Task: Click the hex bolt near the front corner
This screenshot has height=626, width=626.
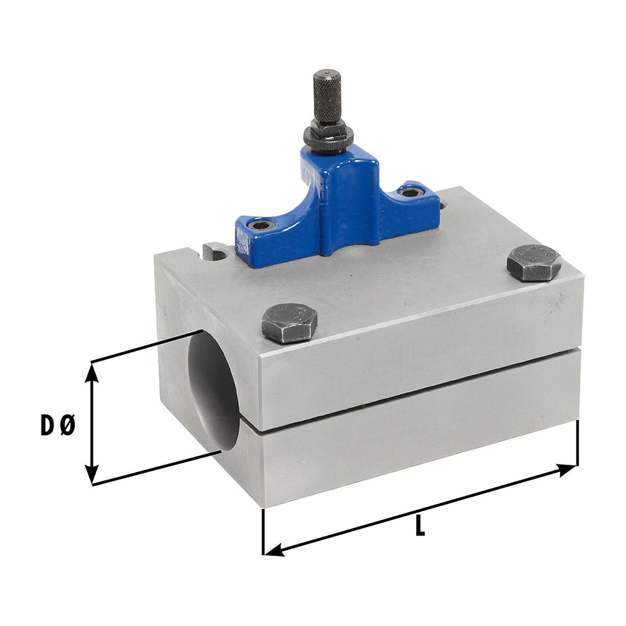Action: (x=289, y=323)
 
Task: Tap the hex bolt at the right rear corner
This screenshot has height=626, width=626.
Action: (x=534, y=262)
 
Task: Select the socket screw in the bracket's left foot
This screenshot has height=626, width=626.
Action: (x=261, y=223)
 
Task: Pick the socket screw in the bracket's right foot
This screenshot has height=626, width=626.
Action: (x=410, y=193)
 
